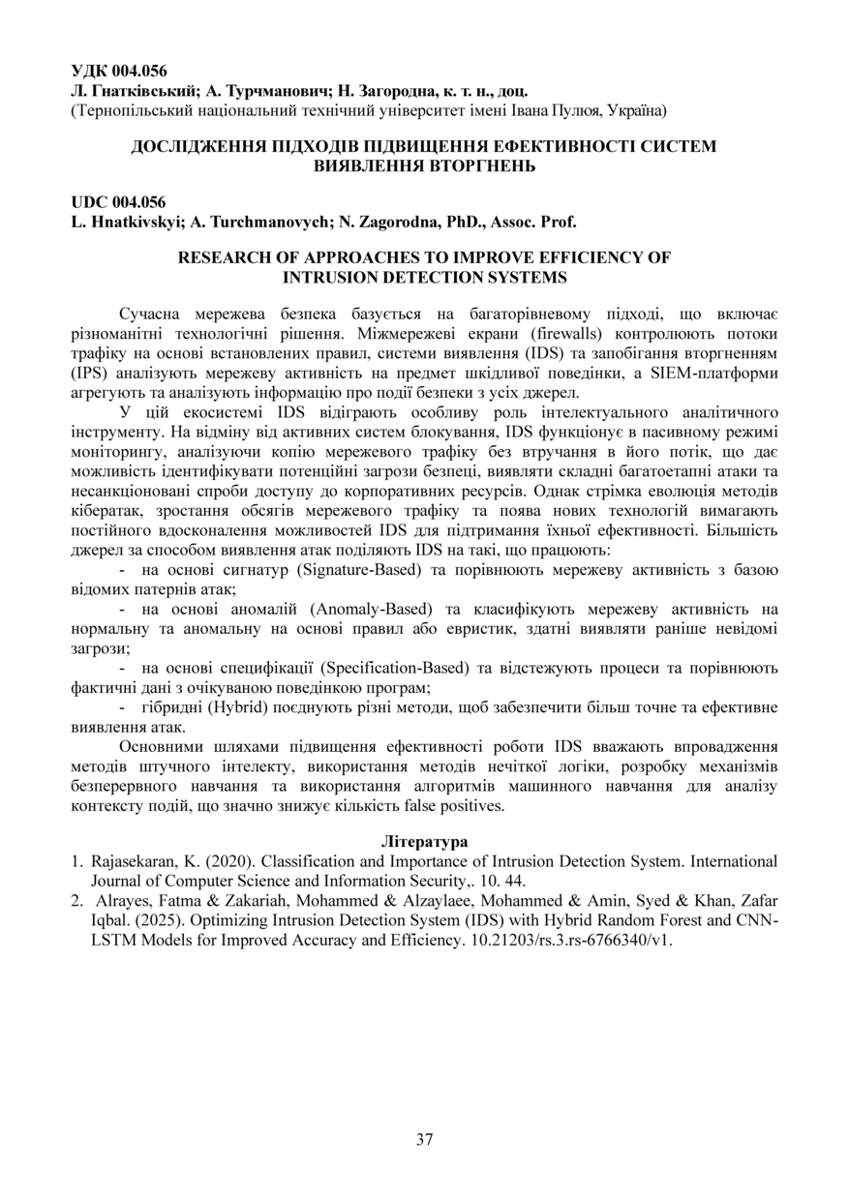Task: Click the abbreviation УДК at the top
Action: (89, 71)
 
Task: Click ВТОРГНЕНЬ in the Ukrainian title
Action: (424, 166)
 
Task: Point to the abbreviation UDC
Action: (90, 202)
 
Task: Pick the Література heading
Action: (424, 841)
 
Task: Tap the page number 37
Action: (424, 1139)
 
